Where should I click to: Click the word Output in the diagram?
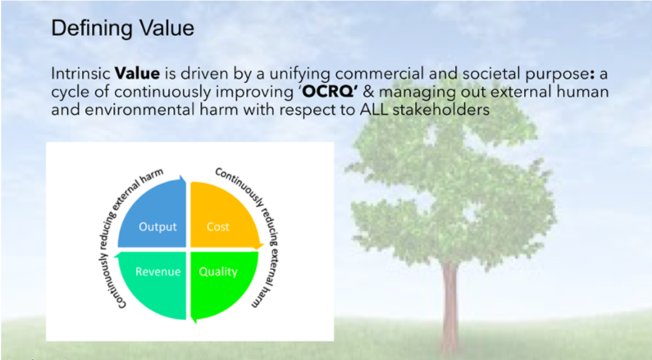(x=157, y=227)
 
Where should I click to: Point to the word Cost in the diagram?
(x=218, y=227)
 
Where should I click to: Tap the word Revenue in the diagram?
(x=158, y=272)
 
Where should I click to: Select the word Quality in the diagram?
(x=218, y=272)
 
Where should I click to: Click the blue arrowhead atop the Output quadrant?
(x=183, y=179)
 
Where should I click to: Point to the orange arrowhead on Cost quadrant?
(x=259, y=246)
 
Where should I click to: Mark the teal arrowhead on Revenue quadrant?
(x=117, y=255)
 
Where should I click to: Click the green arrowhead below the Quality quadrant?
(x=194, y=320)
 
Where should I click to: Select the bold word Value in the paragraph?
(x=137, y=74)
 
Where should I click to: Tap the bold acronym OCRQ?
(x=328, y=92)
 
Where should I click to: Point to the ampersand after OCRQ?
(x=368, y=92)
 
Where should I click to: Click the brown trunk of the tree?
(x=450, y=308)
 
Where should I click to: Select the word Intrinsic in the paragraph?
(x=80, y=74)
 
